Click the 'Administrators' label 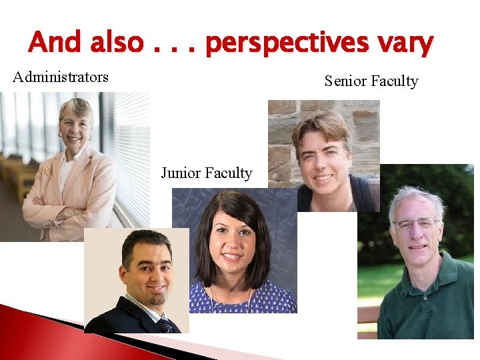(x=61, y=77)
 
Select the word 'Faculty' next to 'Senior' (x=394, y=81)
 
